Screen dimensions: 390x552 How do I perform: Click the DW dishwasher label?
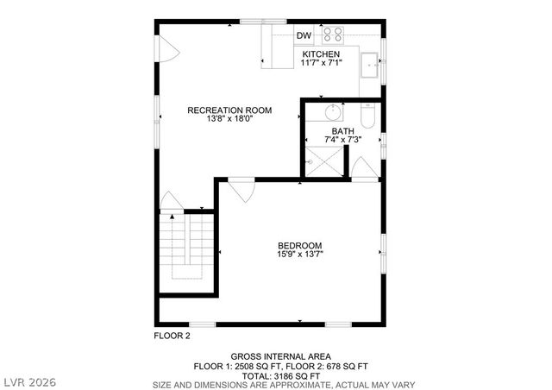[304, 35]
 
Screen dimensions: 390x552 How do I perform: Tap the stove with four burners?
[333, 35]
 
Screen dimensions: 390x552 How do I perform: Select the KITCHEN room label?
[321, 54]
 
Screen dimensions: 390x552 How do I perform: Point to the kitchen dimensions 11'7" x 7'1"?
[321, 63]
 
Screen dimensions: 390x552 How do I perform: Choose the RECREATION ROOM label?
[230, 110]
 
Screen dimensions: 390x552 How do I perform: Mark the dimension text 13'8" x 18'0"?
[230, 119]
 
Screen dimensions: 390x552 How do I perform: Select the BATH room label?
[342, 130]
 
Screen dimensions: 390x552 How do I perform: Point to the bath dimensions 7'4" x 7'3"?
[342, 139]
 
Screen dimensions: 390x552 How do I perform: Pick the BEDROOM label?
[300, 244]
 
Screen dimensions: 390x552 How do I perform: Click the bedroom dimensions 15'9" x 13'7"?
[300, 254]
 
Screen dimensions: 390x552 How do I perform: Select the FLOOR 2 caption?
[172, 335]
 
